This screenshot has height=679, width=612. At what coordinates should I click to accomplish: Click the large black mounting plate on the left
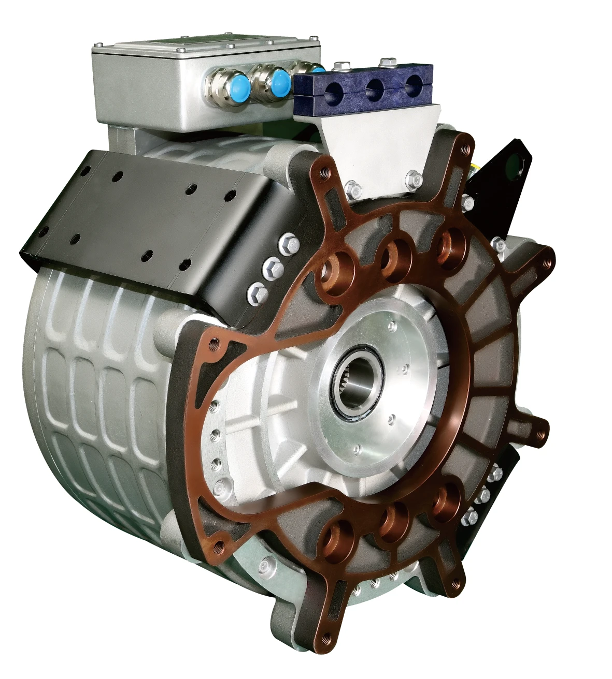(x=150, y=217)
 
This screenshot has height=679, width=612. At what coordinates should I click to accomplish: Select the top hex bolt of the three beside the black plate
(x=288, y=242)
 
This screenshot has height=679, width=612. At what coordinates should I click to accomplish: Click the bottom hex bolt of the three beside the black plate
(x=258, y=293)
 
